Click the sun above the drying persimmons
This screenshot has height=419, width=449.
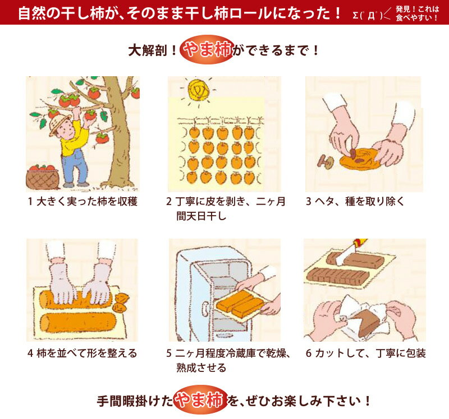[198, 90]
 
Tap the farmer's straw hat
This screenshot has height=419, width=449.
[58, 123]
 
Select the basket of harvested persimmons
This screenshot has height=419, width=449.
[43, 177]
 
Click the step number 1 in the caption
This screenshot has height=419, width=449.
[30, 202]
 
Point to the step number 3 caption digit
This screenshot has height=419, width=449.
[308, 202]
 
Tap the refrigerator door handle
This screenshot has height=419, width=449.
[204, 308]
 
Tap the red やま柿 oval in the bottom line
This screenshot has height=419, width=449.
[200, 400]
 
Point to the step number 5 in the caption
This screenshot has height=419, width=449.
[169, 353]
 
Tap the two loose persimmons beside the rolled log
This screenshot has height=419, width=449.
[120, 303]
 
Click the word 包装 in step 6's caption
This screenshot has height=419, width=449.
[416, 353]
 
